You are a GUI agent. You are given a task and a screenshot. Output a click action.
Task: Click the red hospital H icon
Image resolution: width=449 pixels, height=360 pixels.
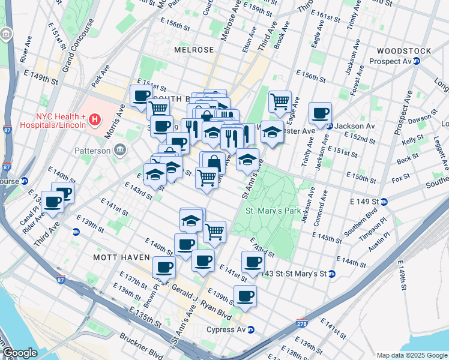point(94,121)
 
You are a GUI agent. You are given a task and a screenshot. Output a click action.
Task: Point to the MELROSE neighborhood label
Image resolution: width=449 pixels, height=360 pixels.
point(194,50)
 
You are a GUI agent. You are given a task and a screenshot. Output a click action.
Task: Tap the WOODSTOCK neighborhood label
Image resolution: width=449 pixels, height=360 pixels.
point(402,50)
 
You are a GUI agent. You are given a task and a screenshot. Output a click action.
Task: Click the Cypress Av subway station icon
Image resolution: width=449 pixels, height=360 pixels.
point(252,329)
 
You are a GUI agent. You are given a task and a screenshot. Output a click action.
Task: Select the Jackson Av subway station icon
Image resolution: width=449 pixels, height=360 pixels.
point(330,126)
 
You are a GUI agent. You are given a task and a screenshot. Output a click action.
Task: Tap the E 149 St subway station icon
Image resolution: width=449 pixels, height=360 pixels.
point(384,201)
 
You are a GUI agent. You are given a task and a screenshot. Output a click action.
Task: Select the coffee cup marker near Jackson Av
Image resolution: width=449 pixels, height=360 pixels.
point(320,113)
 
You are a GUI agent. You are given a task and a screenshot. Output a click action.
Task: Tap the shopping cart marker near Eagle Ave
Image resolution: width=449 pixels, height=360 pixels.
point(280,101)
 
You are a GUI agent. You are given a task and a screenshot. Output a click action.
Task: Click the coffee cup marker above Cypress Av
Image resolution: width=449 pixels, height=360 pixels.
point(245,296)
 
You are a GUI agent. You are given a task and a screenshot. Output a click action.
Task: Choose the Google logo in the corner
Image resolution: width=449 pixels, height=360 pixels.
point(20,353)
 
